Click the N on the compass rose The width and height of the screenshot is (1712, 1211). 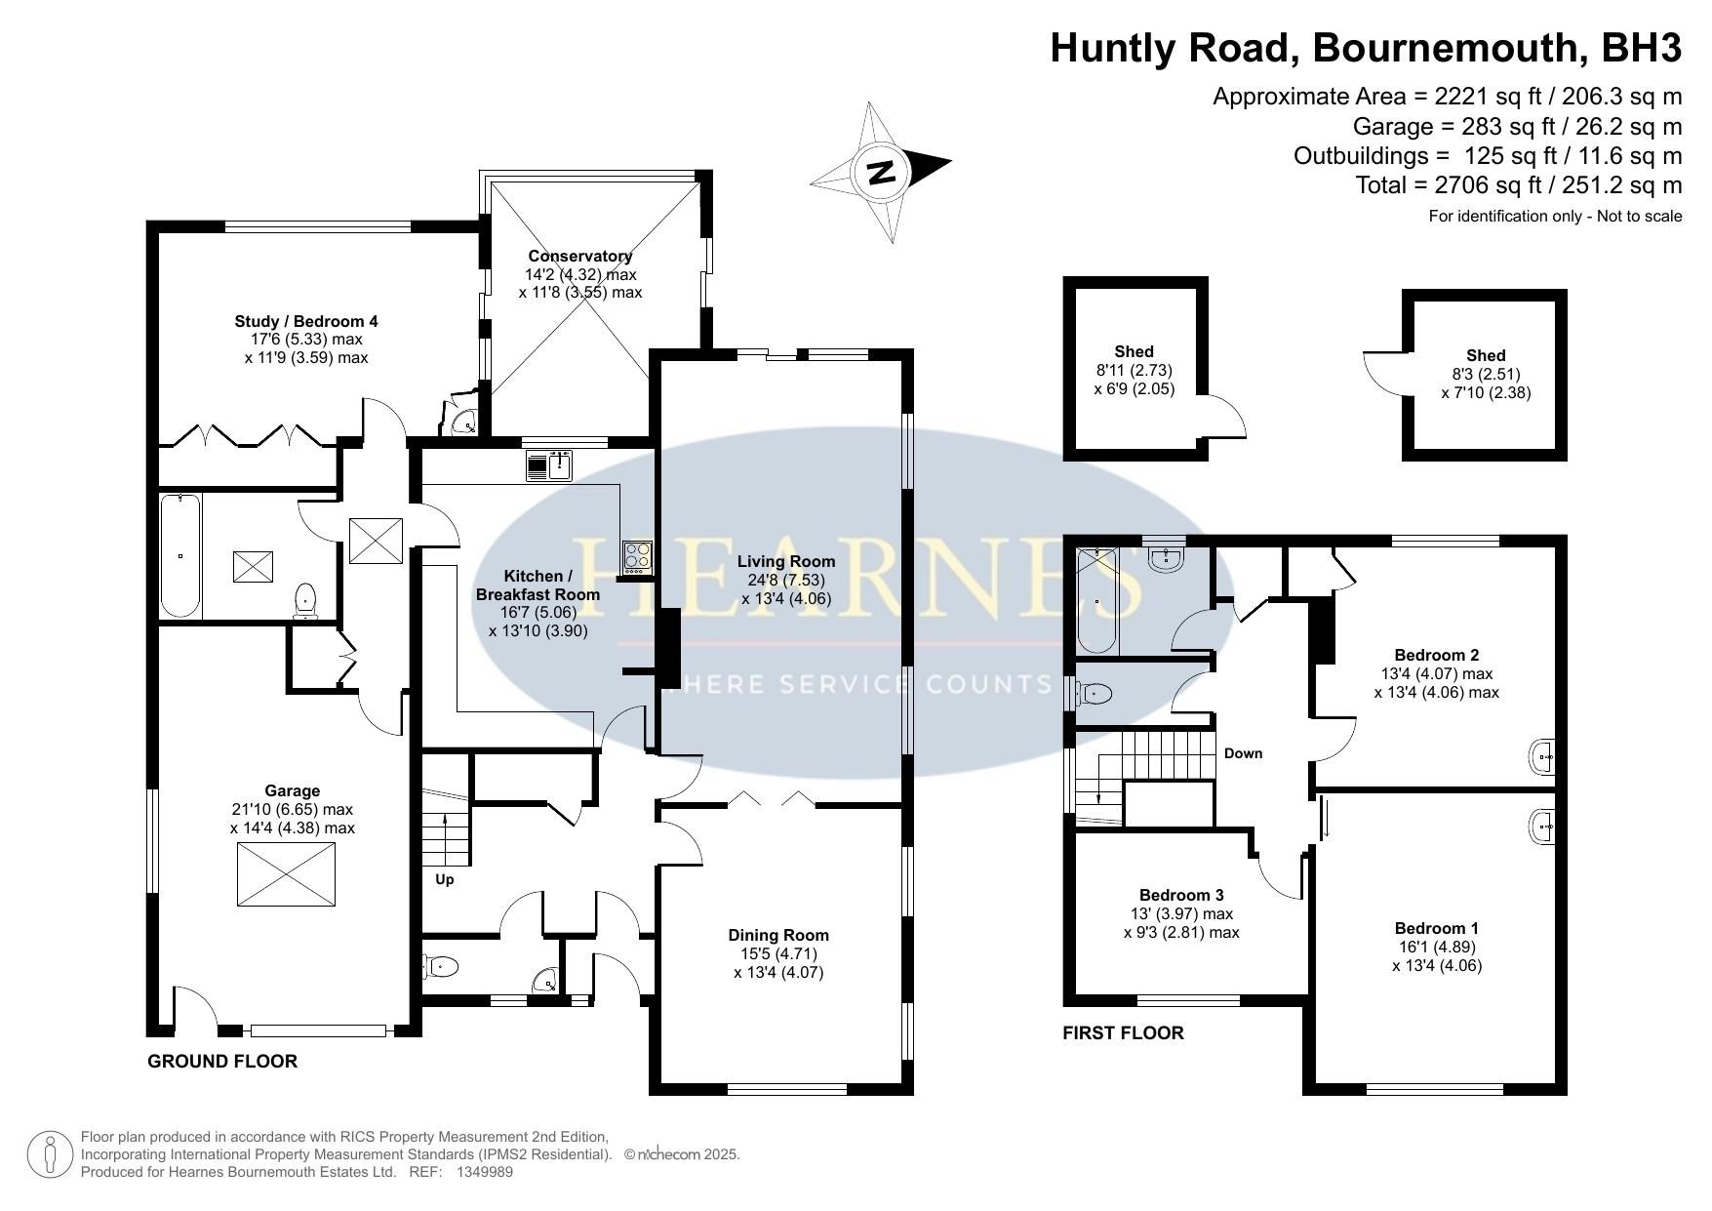pos(882,173)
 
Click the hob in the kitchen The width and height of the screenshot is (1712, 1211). pos(638,555)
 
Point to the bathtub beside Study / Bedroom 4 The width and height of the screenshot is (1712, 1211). pos(180,556)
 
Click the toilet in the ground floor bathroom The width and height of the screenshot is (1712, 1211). pos(306,600)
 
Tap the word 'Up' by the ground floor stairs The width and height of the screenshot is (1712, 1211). pos(445,879)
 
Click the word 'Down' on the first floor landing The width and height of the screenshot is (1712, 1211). pos(1243,753)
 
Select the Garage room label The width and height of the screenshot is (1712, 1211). pos(292,791)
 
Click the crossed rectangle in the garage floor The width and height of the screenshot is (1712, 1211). pos(287,875)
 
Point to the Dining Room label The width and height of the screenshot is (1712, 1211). pos(778,936)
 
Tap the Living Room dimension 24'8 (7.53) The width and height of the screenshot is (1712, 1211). pos(786,581)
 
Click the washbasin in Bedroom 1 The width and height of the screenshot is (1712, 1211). pos(1542,826)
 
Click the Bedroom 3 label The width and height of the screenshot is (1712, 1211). pos(1181,895)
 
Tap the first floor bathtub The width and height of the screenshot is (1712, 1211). pos(1097,601)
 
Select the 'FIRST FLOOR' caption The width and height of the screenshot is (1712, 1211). pos(1123,1032)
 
